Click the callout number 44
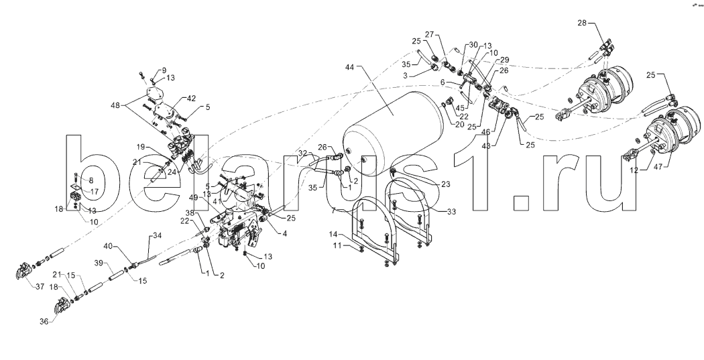click(x=350, y=68)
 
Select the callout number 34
click(x=158, y=235)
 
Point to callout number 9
click(x=162, y=70)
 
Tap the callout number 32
click(x=304, y=154)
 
